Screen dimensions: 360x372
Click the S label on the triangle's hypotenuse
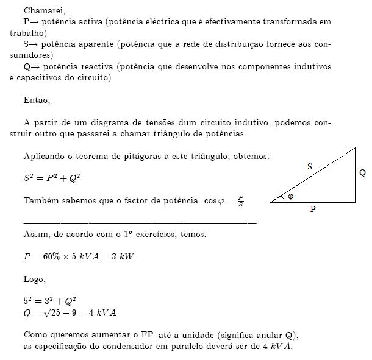309,166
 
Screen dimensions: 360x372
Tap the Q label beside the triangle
362,173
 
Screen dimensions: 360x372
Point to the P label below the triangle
313,209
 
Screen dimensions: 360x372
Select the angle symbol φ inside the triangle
290,196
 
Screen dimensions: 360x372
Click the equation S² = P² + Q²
52,178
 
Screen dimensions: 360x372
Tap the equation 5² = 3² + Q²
49,301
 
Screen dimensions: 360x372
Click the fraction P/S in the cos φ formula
241,200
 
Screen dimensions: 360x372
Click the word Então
37,100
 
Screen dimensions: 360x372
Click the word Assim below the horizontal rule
36,234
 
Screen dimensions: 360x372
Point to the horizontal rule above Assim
140,222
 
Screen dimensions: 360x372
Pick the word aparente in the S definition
93,44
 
